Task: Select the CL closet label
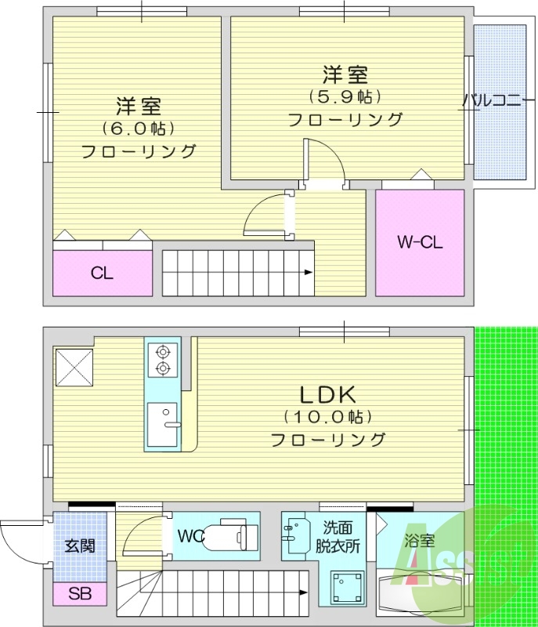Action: (x=102, y=274)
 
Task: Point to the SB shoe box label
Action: (x=79, y=594)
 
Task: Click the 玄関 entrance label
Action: (x=79, y=545)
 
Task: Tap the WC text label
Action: (x=190, y=537)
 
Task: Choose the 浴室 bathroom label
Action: (x=419, y=540)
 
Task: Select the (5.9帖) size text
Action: (x=345, y=97)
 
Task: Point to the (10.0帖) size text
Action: (x=327, y=416)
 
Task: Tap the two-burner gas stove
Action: (x=163, y=360)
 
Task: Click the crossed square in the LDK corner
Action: (x=74, y=364)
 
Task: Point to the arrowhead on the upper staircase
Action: (x=309, y=273)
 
